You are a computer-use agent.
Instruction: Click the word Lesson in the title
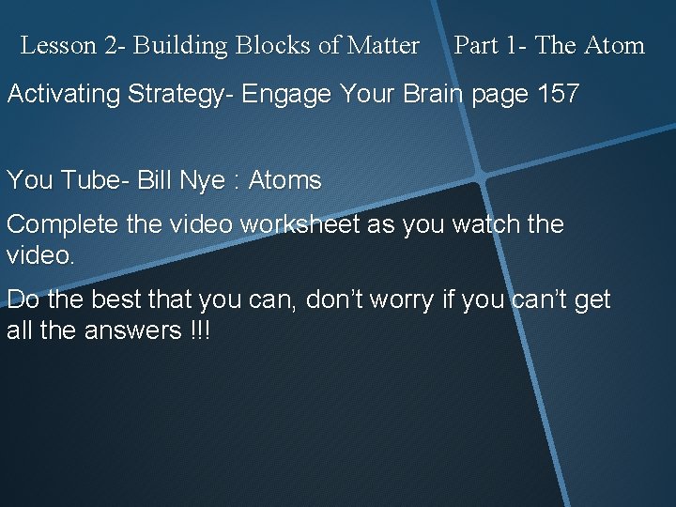pos(55,45)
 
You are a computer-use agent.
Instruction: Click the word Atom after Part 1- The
pos(614,45)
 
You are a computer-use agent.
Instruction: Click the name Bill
pos(156,180)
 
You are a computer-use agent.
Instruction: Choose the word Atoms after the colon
pos(284,180)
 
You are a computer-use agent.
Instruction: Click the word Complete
pos(61,225)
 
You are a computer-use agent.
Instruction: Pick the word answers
pos(132,330)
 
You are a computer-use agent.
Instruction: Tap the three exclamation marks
pos(199,330)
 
